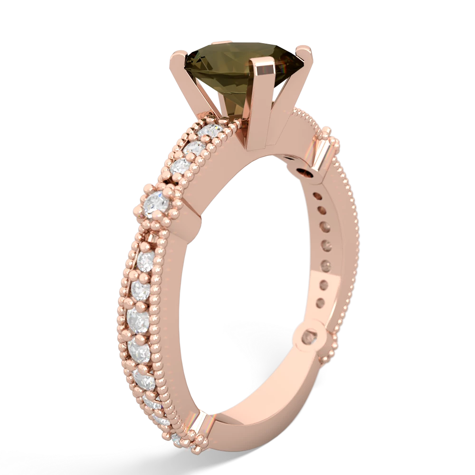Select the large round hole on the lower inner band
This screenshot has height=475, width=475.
pos(311,337)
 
